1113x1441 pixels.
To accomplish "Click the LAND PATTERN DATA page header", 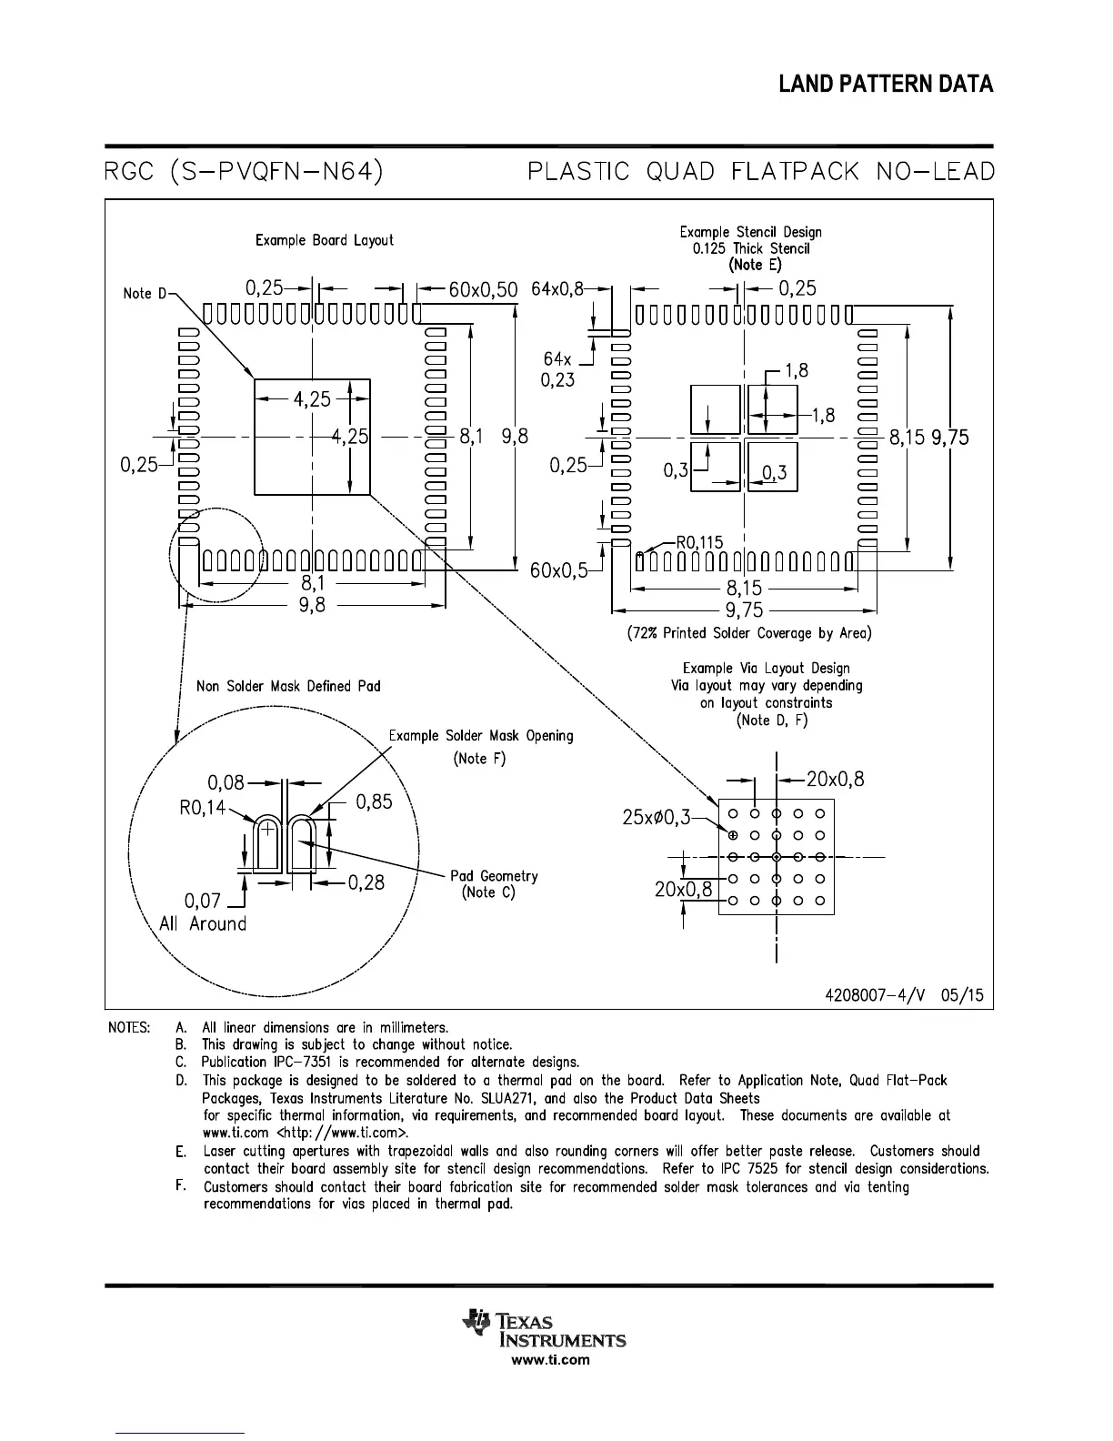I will (886, 85).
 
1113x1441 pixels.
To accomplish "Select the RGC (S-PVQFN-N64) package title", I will (243, 171).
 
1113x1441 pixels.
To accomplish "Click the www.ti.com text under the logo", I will (550, 1360).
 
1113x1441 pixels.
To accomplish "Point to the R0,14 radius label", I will (202, 807).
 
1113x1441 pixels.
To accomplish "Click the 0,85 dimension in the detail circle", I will (373, 801).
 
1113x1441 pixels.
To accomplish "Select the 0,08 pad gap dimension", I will (226, 781).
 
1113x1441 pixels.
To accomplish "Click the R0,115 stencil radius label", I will (699, 542).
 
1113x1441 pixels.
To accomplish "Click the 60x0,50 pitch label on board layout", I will (483, 289).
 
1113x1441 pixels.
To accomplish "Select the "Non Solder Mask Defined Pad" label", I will (288, 686).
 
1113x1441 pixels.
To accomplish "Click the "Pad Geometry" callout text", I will (494, 875).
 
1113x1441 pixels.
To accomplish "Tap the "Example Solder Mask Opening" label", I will (481, 735).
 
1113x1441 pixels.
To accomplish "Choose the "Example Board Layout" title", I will (324, 240).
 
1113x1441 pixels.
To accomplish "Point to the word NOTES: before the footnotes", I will (129, 1028).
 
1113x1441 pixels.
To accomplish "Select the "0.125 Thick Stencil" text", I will (750, 248).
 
